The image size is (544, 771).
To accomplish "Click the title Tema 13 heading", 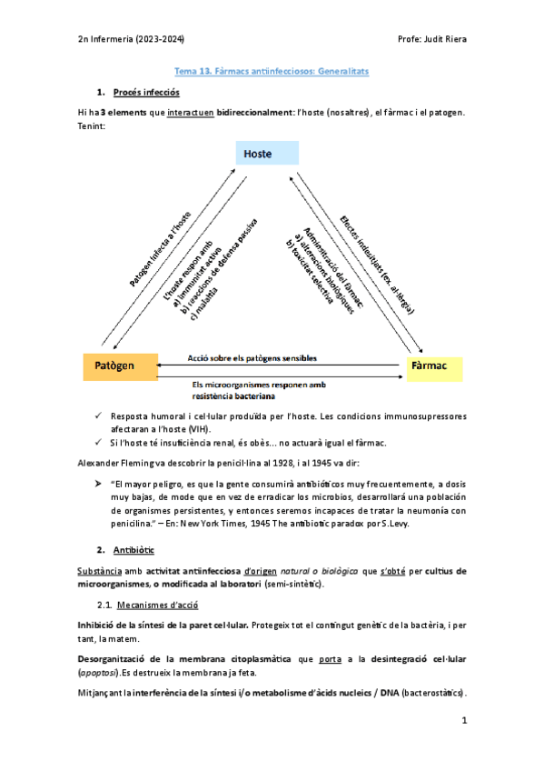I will point(272,70).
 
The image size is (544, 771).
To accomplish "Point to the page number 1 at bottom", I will point(463,720).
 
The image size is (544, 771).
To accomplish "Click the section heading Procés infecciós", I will point(147,93).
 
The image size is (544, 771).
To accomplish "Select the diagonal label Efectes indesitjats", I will point(377,264).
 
